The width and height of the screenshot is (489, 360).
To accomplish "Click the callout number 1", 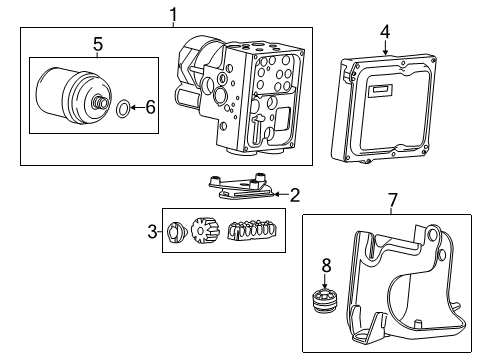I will point(173,14).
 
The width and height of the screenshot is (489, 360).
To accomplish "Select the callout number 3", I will point(153,232).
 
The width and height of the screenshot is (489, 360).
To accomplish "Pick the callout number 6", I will point(150,106).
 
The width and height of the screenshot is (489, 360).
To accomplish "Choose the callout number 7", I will point(392,201).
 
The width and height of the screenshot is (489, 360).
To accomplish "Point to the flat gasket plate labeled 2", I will point(237,190).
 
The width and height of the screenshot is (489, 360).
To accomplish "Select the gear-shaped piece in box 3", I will point(204,234).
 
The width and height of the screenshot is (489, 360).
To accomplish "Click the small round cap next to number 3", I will point(173,233).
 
